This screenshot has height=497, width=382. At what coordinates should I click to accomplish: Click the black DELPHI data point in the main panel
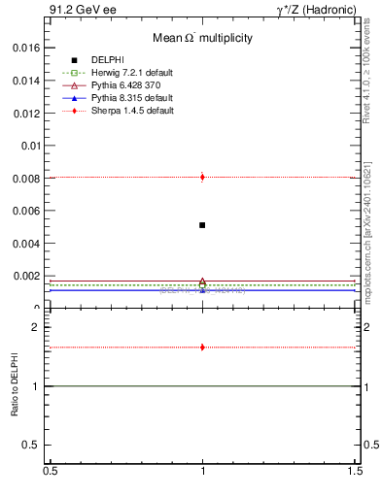[202, 225]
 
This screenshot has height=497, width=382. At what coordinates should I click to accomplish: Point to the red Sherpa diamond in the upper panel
[202, 177]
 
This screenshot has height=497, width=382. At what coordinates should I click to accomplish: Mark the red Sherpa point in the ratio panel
[202, 347]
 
